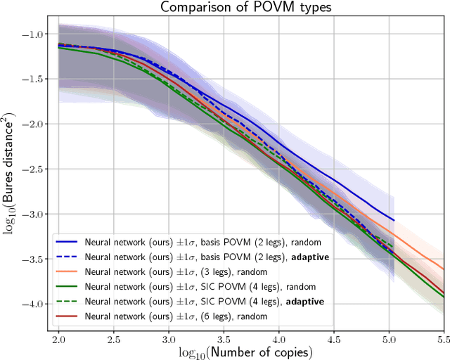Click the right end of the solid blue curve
pos(393,220)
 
